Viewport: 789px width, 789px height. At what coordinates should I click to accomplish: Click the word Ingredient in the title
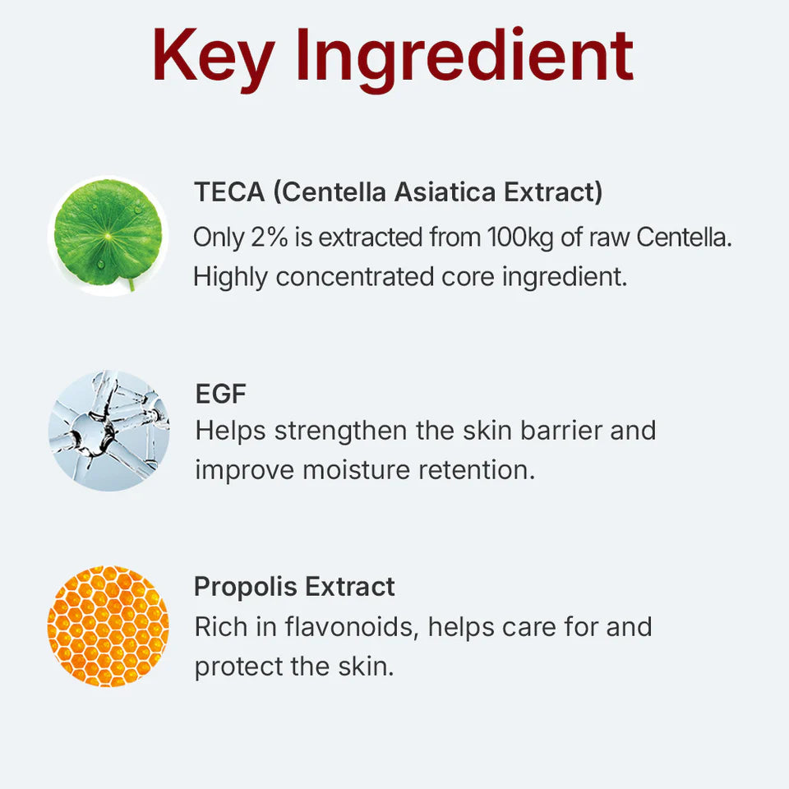pyautogui.click(x=464, y=56)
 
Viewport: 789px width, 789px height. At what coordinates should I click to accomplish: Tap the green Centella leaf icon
pyautogui.click(x=108, y=233)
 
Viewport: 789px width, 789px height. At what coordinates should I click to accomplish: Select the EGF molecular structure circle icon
pyautogui.click(x=108, y=430)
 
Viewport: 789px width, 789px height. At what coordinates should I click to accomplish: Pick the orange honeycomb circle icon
pyautogui.click(x=108, y=626)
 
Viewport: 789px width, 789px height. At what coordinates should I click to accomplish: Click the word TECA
pyautogui.click(x=229, y=193)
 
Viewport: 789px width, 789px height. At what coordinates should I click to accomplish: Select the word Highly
pyautogui.click(x=231, y=277)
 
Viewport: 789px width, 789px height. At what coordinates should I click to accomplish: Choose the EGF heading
pyautogui.click(x=220, y=394)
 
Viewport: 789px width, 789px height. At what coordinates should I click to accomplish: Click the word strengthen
pyautogui.click(x=341, y=431)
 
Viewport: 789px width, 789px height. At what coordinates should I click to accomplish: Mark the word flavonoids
pyautogui.click(x=352, y=626)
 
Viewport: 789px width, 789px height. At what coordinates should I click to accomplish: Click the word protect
pyautogui.click(x=239, y=666)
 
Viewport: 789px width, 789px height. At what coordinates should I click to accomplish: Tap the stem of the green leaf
pyautogui.click(x=131, y=284)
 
